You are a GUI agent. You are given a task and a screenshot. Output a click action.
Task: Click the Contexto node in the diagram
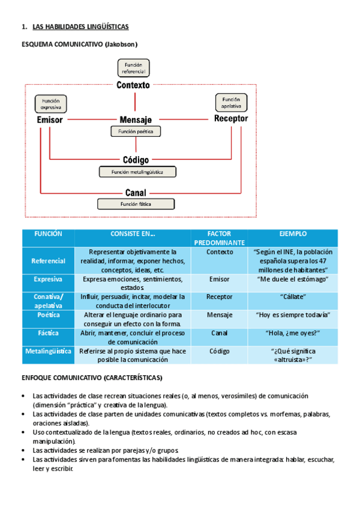(133, 85)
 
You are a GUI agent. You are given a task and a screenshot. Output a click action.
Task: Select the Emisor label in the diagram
(50, 119)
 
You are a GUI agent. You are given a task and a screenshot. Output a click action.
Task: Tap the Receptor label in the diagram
(231, 119)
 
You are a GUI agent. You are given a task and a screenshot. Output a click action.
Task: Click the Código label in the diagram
(136, 160)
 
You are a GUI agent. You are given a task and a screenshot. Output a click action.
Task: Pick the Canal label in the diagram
(136, 193)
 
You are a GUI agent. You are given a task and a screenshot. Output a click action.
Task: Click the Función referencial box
(133, 68)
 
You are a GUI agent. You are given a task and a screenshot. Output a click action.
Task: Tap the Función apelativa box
(231, 103)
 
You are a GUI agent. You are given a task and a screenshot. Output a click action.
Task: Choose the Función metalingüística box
(139, 172)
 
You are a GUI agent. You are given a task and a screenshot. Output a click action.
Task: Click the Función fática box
(136, 204)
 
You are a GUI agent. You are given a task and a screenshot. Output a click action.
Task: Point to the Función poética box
(136, 131)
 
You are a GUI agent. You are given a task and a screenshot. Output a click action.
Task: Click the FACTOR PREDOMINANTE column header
(219, 238)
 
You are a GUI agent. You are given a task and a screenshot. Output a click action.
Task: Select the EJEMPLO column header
(293, 233)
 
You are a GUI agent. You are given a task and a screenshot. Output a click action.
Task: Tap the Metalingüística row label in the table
(49, 351)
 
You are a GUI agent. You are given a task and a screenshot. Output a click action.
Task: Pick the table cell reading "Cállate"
(293, 297)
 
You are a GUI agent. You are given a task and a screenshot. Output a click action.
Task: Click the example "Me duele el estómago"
(293, 279)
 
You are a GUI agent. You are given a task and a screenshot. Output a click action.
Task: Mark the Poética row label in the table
(49, 315)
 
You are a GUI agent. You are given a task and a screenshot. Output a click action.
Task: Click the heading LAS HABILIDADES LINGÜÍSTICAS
(80, 27)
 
